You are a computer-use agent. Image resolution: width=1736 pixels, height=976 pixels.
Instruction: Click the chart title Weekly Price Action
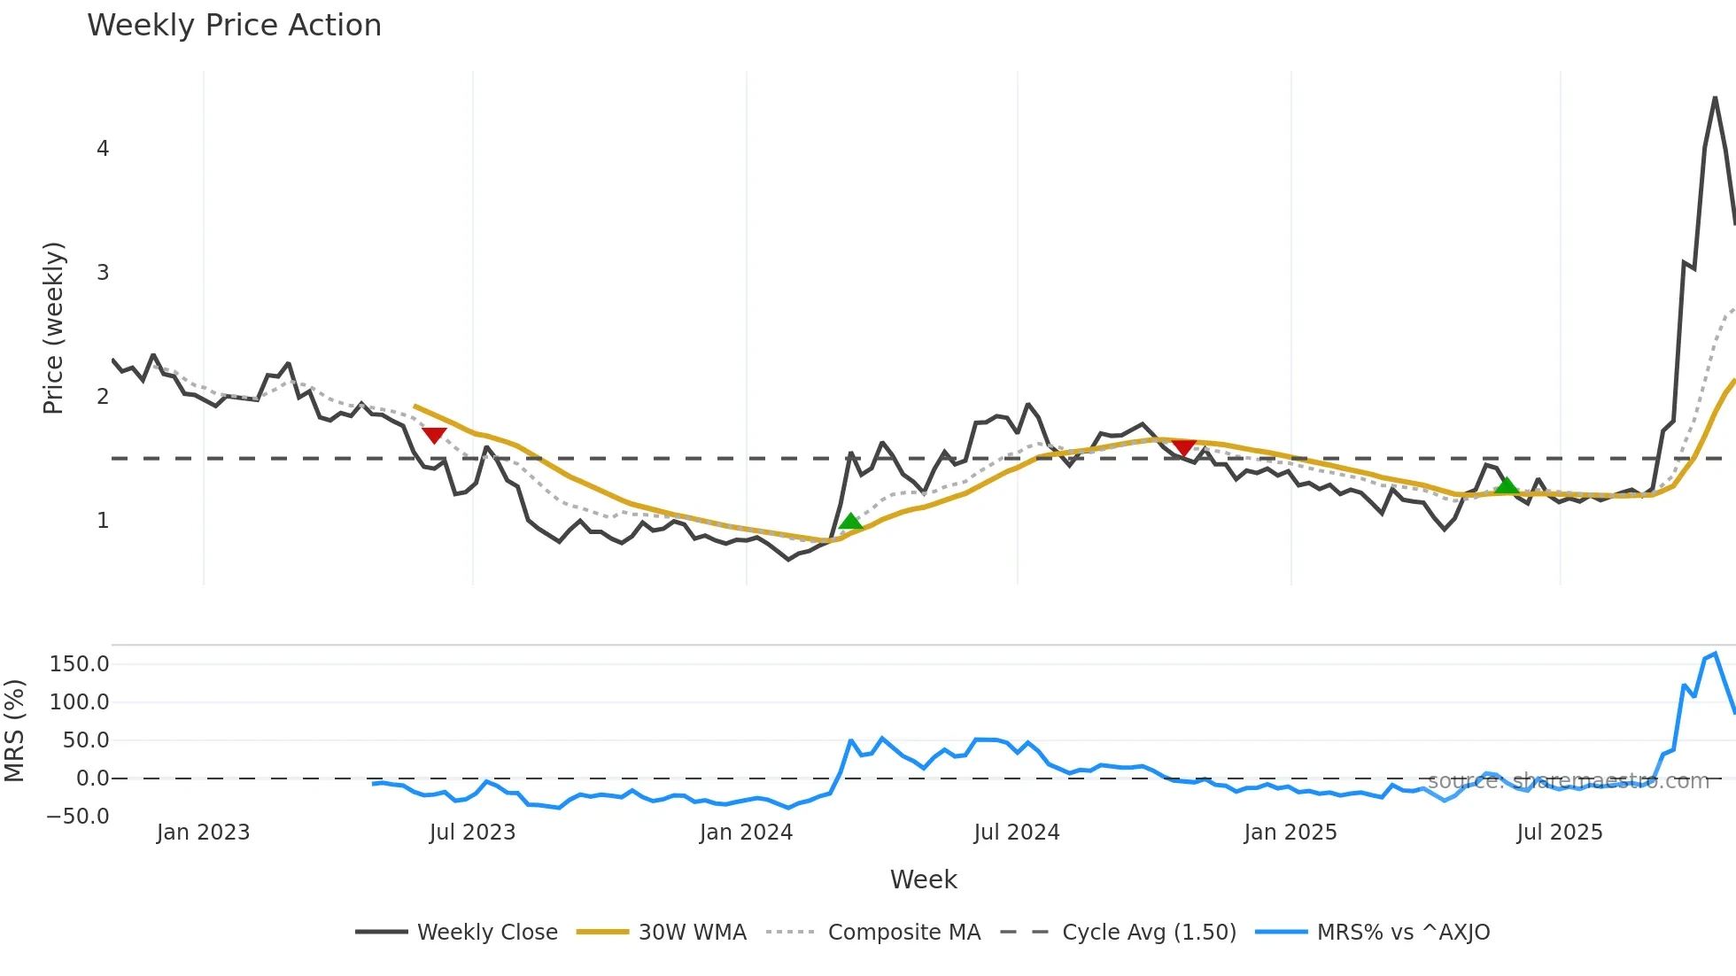click(234, 26)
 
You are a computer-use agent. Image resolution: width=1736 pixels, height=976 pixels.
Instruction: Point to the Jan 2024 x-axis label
click(746, 833)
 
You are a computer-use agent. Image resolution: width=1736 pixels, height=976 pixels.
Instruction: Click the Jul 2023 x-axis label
click(472, 833)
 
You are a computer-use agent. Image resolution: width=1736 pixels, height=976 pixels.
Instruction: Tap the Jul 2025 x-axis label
click(1560, 833)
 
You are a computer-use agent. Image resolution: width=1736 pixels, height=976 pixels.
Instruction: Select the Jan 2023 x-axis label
click(203, 833)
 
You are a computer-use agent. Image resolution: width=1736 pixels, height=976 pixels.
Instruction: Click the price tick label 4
click(103, 149)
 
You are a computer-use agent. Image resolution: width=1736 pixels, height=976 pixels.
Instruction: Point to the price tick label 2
click(103, 397)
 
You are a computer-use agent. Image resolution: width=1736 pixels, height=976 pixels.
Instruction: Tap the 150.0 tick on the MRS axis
click(80, 664)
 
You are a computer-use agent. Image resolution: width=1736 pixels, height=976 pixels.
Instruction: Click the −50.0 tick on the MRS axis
click(78, 817)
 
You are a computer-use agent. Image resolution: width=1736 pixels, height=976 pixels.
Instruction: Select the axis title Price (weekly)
click(53, 328)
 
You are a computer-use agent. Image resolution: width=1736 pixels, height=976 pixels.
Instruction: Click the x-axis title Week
click(923, 879)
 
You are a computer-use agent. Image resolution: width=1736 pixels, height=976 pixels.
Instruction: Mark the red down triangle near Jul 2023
click(434, 435)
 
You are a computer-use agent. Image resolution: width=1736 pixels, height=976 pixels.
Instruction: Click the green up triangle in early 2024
click(850, 521)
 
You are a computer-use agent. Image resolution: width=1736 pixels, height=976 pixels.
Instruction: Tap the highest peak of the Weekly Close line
click(1716, 98)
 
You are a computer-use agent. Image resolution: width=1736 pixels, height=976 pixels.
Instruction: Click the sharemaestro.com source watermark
click(1568, 781)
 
